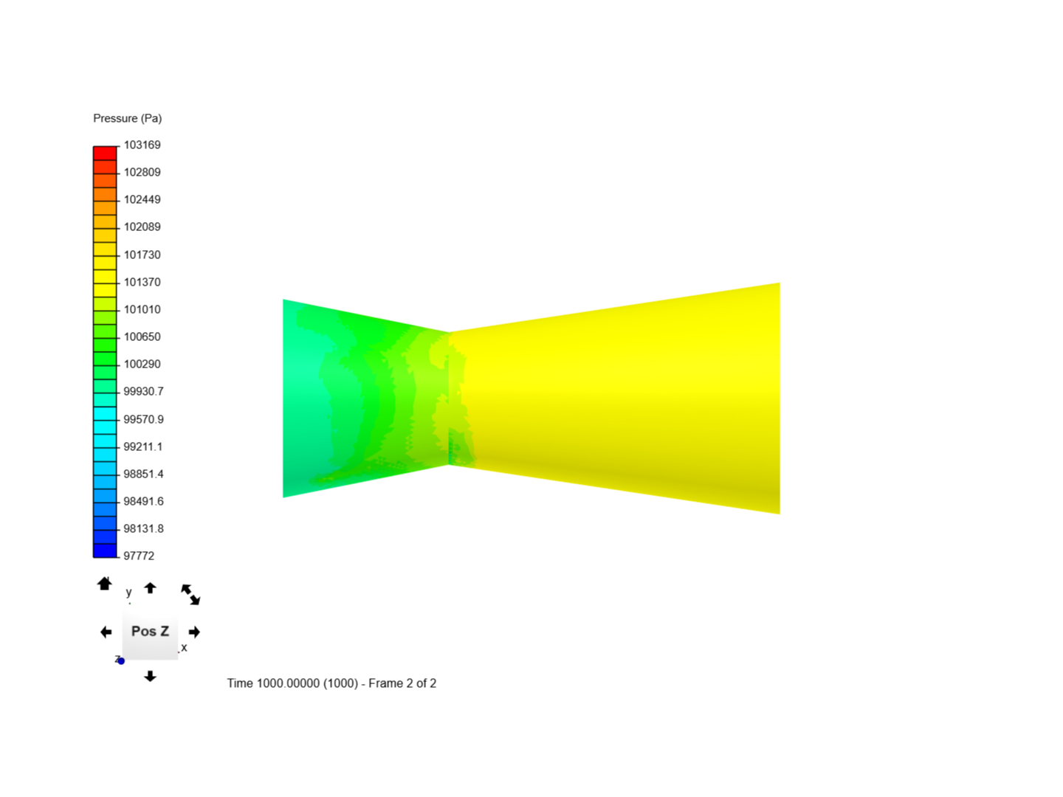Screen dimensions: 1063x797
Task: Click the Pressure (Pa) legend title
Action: click(128, 119)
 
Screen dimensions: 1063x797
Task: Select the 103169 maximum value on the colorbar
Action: click(142, 145)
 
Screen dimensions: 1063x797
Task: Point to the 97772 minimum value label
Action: click(139, 556)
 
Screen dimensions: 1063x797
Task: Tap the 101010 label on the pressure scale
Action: click(142, 309)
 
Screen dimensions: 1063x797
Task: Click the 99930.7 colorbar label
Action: click(143, 391)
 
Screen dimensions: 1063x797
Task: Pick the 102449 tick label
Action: click(142, 199)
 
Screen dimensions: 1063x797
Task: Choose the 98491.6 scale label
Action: click(143, 501)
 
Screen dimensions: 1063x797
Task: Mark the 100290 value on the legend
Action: click(142, 364)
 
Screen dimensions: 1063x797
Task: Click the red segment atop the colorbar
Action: click(105, 153)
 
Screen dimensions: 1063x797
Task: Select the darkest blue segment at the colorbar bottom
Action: click(105, 551)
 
